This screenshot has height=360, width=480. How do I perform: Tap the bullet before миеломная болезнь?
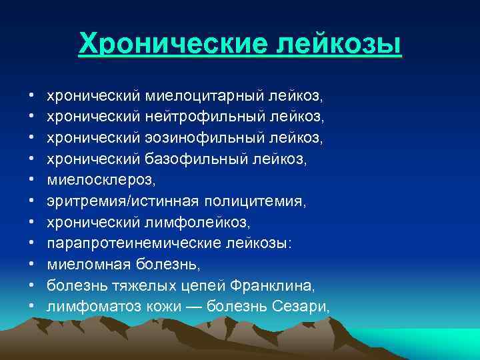point(33,265)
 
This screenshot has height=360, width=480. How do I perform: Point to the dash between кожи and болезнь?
point(193,306)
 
